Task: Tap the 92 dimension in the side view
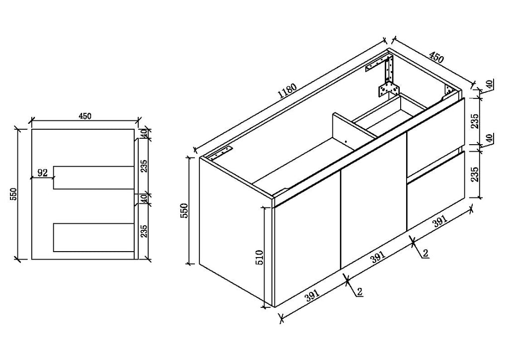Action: (43, 173)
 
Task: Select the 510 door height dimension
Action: (259, 257)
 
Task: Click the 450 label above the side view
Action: (85, 116)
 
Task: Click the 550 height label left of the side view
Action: (13, 194)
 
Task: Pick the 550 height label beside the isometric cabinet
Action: (184, 211)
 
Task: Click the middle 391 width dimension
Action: (378, 257)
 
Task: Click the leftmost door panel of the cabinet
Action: (307, 239)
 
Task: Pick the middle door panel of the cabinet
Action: (373, 201)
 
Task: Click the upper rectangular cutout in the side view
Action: (94, 177)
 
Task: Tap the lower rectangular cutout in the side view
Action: (94, 237)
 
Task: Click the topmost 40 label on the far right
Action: (490, 84)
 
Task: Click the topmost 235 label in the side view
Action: (144, 166)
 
